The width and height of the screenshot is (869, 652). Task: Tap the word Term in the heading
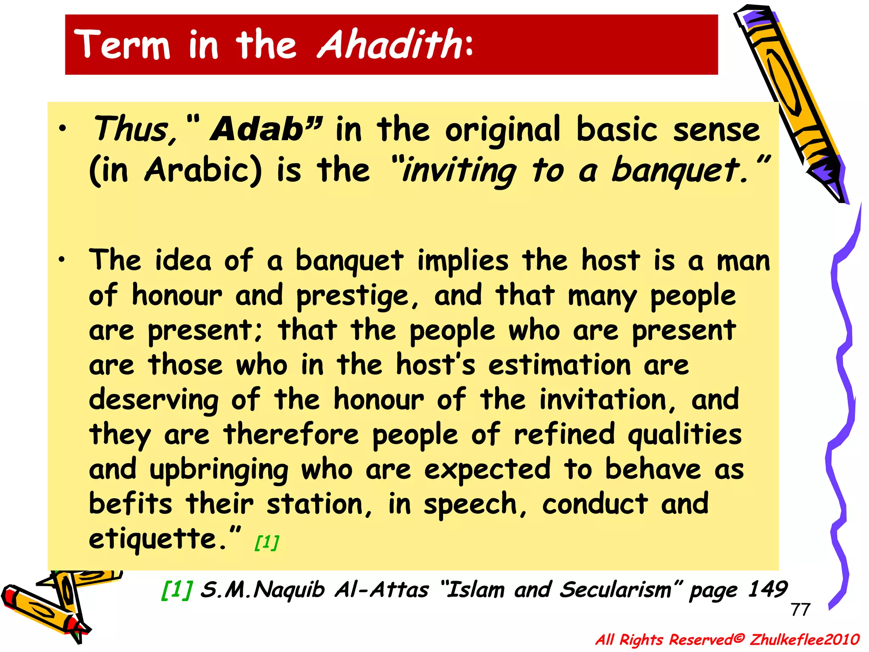(122, 45)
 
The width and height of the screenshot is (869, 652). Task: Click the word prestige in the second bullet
(357, 296)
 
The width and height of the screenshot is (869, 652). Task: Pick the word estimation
(559, 365)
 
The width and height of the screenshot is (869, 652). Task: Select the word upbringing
(219, 470)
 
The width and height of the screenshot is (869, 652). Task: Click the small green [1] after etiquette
(266, 542)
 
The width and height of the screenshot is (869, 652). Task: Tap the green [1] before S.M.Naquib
(177, 590)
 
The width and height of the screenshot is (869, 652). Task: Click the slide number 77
(800, 610)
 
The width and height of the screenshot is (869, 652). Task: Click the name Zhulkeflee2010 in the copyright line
(805, 639)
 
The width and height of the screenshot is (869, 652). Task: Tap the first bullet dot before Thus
(62, 129)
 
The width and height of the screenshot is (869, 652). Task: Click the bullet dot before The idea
(62, 259)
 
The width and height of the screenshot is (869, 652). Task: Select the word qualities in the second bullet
(684, 435)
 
